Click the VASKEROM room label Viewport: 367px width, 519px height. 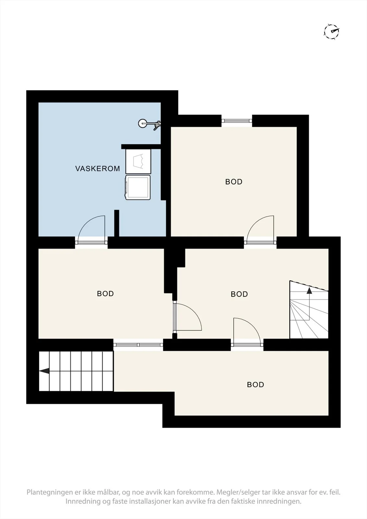pyautogui.click(x=98, y=168)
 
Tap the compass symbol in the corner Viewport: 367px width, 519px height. pyautogui.click(x=332, y=31)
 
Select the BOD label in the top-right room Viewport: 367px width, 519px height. pyautogui.click(x=234, y=182)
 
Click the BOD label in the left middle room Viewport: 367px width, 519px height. pyautogui.click(x=105, y=294)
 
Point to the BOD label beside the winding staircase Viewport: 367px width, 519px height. pyautogui.click(x=239, y=294)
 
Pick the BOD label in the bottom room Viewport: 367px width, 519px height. pyautogui.click(x=255, y=385)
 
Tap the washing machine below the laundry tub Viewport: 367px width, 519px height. pyautogui.click(x=138, y=187)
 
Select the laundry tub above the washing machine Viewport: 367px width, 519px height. pyautogui.click(x=138, y=161)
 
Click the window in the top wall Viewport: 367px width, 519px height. pyautogui.click(x=237, y=120)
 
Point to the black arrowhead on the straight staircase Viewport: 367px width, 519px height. pyautogui.click(x=44, y=371)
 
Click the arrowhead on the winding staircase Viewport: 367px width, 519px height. pyautogui.click(x=309, y=291)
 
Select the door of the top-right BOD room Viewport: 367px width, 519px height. pyautogui.click(x=260, y=229)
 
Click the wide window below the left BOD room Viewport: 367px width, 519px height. pyautogui.click(x=138, y=345)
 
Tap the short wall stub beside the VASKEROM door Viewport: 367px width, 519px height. pyautogui.click(x=116, y=223)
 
